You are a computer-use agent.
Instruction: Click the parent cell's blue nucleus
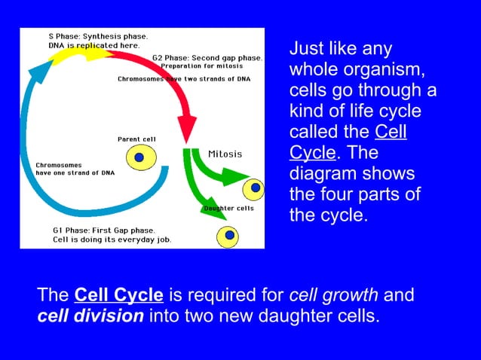point(139,158)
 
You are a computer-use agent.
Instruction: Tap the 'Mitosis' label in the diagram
point(225,154)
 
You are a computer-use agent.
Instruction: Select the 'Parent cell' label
point(136,139)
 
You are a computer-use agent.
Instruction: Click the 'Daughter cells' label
point(228,209)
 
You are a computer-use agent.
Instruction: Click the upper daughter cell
point(256,187)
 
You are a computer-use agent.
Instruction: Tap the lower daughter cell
point(228,236)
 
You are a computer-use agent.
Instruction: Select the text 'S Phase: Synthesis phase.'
point(98,35)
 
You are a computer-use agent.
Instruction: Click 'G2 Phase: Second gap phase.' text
point(207,58)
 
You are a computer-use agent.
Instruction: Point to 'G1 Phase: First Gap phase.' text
point(103,230)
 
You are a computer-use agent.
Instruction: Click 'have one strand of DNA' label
point(75,172)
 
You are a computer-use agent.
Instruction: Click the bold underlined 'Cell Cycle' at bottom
point(119,294)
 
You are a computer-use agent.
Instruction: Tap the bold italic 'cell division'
point(90,315)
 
